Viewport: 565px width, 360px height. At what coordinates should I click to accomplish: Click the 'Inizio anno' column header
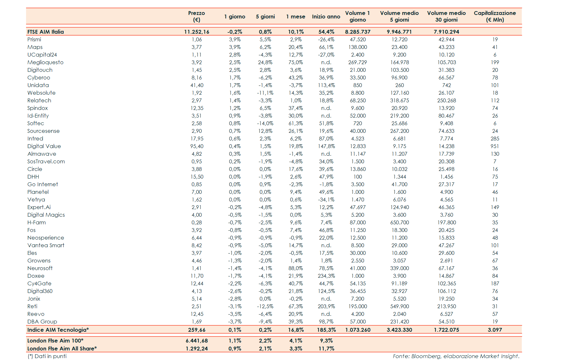point(326,17)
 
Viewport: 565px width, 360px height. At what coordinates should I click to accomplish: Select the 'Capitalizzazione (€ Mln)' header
point(495,16)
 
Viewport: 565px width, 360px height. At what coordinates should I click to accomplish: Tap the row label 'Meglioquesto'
point(45,62)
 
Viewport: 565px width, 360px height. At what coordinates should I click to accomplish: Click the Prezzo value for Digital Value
point(197,146)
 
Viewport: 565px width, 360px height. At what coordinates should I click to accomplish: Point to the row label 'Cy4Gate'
point(39,283)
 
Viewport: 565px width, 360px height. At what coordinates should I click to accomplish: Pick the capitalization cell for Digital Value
point(495,146)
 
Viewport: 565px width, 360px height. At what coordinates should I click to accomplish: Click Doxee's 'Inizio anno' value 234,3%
point(326,276)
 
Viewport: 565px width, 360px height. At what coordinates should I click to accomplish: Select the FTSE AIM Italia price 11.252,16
point(197,32)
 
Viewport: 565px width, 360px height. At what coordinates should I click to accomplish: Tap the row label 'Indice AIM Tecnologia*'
point(58,330)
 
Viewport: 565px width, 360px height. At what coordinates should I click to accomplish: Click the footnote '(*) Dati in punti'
point(47,356)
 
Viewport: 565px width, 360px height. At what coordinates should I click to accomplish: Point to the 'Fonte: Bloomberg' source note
point(456,356)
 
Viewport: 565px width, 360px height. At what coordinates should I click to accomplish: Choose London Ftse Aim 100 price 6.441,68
point(197,341)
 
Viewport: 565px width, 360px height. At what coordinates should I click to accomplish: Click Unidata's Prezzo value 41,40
point(197,85)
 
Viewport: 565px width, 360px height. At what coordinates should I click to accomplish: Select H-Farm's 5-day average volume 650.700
point(399,222)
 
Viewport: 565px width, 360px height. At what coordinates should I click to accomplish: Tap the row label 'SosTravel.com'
point(46,161)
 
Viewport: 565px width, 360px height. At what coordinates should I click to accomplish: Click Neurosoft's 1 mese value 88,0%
point(296,268)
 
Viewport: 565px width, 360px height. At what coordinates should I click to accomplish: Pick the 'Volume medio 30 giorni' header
point(446,16)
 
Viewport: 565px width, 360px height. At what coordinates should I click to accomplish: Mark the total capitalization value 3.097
point(495,330)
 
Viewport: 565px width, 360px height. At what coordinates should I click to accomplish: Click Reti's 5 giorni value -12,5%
point(265,306)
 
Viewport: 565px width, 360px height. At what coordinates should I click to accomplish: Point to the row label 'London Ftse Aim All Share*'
point(62,349)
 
